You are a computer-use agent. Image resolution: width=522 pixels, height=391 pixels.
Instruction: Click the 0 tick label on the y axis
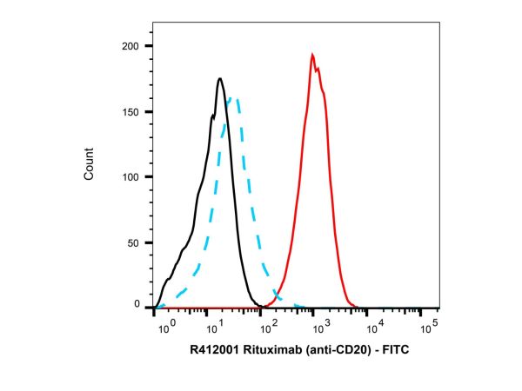click(x=140, y=305)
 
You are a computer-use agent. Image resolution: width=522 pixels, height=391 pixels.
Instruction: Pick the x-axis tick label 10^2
click(x=268, y=328)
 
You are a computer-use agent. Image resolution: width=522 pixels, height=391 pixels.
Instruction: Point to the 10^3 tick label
click(x=321, y=328)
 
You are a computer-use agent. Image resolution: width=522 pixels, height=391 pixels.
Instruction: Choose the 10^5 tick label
click(x=428, y=328)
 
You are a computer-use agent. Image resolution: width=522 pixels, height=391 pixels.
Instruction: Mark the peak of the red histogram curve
click(x=311, y=55)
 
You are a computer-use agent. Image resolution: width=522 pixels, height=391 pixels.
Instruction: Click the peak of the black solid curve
click(x=220, y=79)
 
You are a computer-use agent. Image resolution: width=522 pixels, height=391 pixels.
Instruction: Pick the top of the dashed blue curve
click(x=233, y=98)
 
